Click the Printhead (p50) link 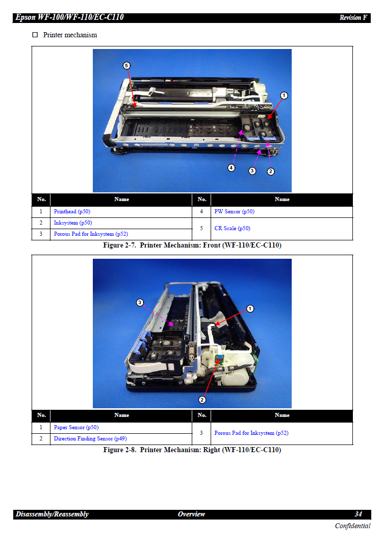(72, 212)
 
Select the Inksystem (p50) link (73, 223)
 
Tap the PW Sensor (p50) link (234, 212)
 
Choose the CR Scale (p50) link (232, 228)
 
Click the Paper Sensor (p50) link (76, 427)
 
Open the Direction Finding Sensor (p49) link (90, 438)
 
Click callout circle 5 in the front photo (126, 65)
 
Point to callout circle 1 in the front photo (284, 95)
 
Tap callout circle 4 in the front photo (232, 167)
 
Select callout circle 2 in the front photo (271, 171)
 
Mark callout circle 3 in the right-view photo (140, 302)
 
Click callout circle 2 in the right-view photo (202, 400)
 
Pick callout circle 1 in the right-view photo (250, 309)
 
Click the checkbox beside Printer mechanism (35, 35)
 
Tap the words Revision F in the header (353, 18)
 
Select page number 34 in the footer (359, 514)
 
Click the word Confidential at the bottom (352, 526)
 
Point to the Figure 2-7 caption (192, 245)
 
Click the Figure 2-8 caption (192, 450)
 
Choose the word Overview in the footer (192, 514)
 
